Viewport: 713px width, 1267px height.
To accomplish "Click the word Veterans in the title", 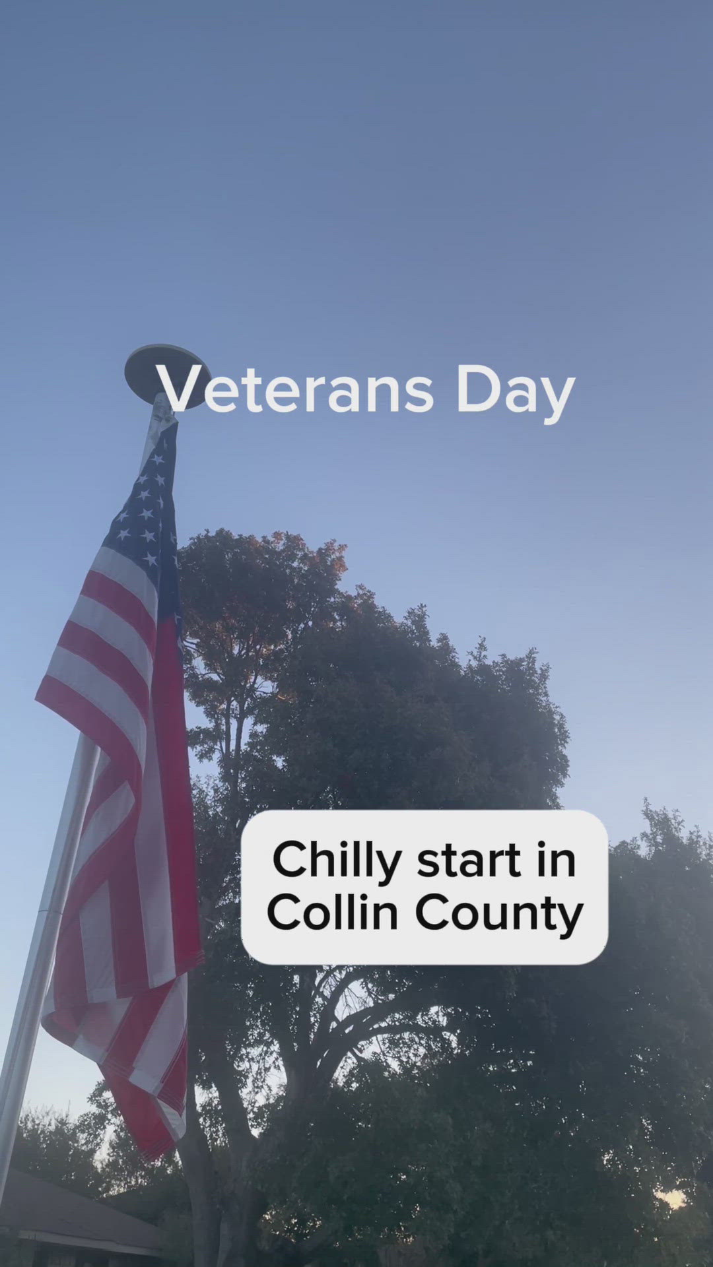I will (x=294, y=389).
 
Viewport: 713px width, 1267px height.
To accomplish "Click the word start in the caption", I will (x=469, y=861).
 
